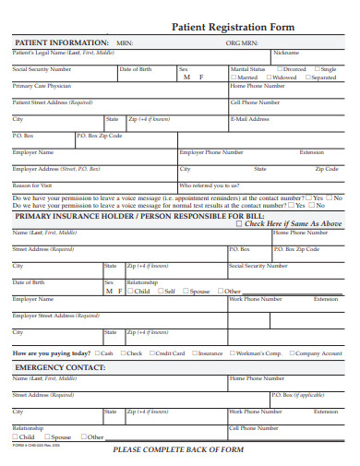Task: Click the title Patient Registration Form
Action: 234,28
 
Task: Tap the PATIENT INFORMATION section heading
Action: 61,42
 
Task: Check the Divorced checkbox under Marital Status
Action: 279,69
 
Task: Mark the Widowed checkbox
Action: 270,78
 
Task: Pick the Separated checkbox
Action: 308,78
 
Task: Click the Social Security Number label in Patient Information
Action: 42,69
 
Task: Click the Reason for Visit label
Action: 32,185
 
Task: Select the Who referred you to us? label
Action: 208,185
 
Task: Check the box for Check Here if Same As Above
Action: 240,223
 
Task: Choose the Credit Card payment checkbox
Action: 150,353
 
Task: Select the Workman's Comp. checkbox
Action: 231,353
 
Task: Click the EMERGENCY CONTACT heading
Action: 59,367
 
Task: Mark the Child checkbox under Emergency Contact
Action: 15,436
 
